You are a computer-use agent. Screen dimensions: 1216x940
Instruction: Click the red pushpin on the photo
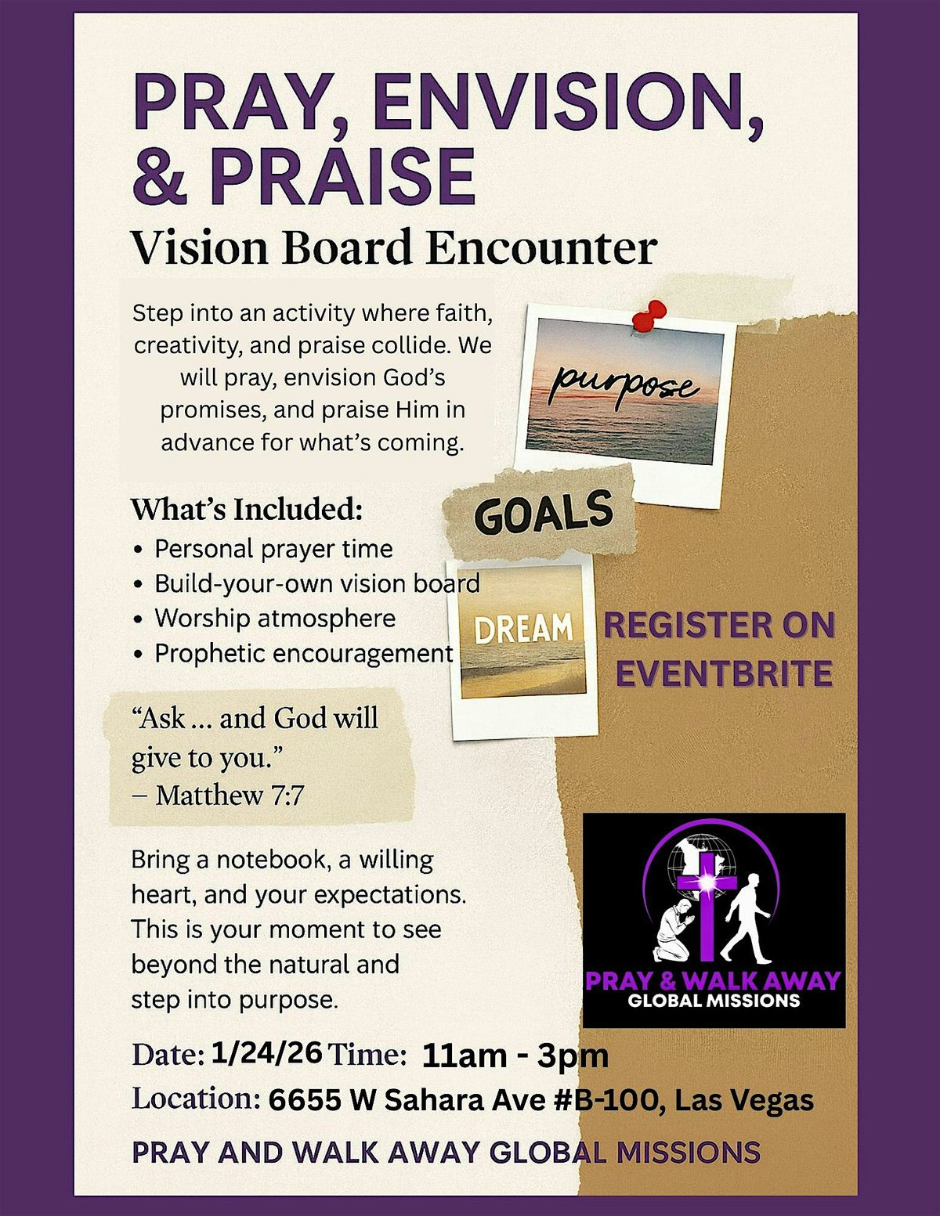[645, 316]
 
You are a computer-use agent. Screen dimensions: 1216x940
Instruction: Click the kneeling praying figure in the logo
[672, 932]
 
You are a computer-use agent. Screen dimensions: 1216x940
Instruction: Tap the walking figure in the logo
[745, 916]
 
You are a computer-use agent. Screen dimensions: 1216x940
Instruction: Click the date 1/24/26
[266, 1053]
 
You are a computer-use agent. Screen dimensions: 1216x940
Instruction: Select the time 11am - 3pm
[515, 1055]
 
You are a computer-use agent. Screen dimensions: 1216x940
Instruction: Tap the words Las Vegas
[744, 1100]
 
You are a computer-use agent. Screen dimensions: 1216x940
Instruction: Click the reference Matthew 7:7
[230, 796]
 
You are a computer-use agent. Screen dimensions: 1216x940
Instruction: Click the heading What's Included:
[247, 510]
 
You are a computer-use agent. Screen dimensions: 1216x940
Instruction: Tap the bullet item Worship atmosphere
[275, 618]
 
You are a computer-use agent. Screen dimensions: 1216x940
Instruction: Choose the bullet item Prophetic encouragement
[303, 653]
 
